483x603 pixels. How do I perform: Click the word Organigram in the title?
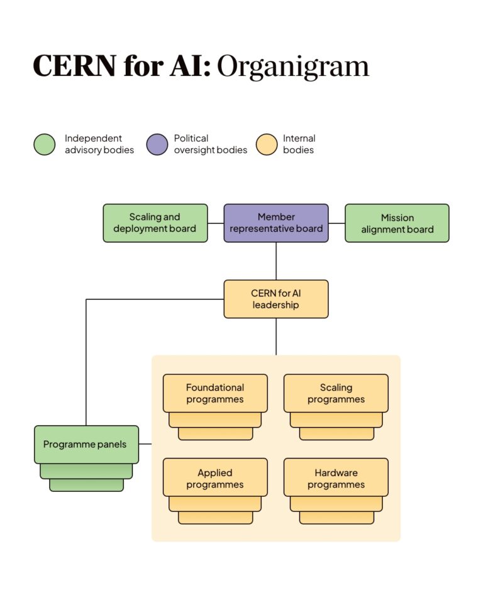[293, 67]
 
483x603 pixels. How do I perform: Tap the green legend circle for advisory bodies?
[45, 144]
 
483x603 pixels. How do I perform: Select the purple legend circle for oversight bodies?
[157, 144]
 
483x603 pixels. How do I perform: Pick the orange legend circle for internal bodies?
[267, 144]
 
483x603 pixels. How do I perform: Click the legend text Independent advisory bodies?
[99, 144]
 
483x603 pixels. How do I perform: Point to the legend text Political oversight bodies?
[210, 144]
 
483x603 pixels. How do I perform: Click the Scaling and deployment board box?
[155, 223]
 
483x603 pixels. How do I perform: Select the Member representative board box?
[276, 223]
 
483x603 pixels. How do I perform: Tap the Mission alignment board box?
[397, 223]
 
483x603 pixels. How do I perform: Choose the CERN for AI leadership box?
[276, 299]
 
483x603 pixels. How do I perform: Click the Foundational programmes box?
[215, 393]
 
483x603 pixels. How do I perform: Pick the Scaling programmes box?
[336, 393]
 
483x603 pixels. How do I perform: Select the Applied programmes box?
[215, 478]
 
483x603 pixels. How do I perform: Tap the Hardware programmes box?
[336, 478]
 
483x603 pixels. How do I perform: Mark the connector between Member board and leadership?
[276, 261]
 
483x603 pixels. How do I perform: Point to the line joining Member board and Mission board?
[336, 223]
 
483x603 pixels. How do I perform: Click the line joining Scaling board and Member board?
[216, 223]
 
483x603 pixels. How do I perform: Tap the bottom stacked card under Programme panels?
[86, 485]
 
